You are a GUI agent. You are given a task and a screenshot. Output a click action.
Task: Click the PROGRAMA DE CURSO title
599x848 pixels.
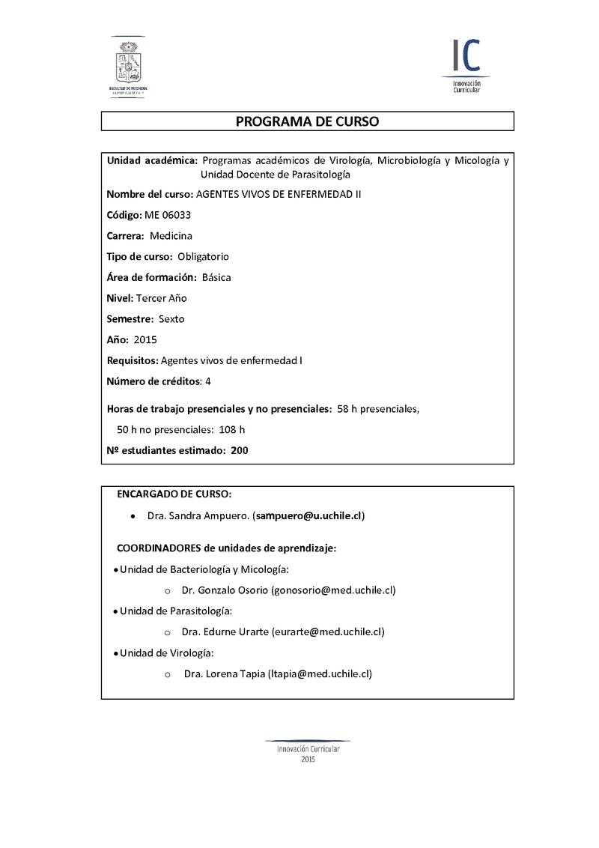tap(307, 121)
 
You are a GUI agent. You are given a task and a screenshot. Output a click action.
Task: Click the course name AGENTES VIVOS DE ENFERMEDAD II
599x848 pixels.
tap(278, 194)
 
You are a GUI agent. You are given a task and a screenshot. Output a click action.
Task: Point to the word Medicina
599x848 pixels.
tap(171, 236)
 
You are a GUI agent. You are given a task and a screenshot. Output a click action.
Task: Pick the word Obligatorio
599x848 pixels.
tap(204, 257)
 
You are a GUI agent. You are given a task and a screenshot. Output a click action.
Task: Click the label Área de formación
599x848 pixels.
tap(152, 277)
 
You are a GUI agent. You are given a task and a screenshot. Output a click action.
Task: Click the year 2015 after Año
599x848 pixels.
tap(145, 340)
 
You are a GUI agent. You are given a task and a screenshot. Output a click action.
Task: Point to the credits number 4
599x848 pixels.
tap(208, 381)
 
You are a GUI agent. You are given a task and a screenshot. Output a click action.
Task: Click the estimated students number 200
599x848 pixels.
tap(240, 451)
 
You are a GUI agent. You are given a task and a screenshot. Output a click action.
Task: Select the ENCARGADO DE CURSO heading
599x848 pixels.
tap(174, 494)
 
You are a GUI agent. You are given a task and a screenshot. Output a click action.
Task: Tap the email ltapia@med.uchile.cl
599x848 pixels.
tap(320, 673)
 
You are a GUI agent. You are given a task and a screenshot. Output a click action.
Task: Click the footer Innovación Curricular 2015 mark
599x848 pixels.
tap(308, 751)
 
